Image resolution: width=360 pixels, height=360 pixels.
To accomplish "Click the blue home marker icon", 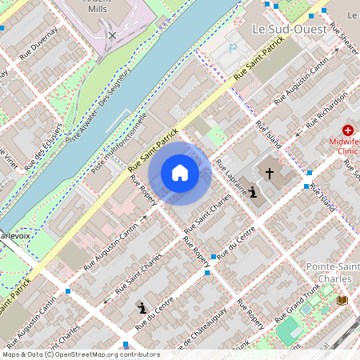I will click(x=180, y=173).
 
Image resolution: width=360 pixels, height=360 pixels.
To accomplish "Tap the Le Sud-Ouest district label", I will click(x=289, y=29).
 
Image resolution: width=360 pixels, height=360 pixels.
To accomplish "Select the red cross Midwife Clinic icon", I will click(x=348, y=130).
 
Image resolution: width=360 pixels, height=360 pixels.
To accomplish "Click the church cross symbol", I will click(x=270, y=172).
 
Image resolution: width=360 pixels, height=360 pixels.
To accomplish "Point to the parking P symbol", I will click(x=233, y=49).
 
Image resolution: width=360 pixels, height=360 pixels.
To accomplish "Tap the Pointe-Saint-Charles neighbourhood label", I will click(x=332, y=272).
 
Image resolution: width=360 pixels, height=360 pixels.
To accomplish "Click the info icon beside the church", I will click(x=253, y=192).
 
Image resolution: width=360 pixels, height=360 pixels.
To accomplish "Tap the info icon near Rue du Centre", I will click(x=142, y=307).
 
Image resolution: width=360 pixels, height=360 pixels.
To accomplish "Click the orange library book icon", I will click(x=344, y=300).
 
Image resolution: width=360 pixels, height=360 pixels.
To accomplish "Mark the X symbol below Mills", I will click(x=112, y=35).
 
